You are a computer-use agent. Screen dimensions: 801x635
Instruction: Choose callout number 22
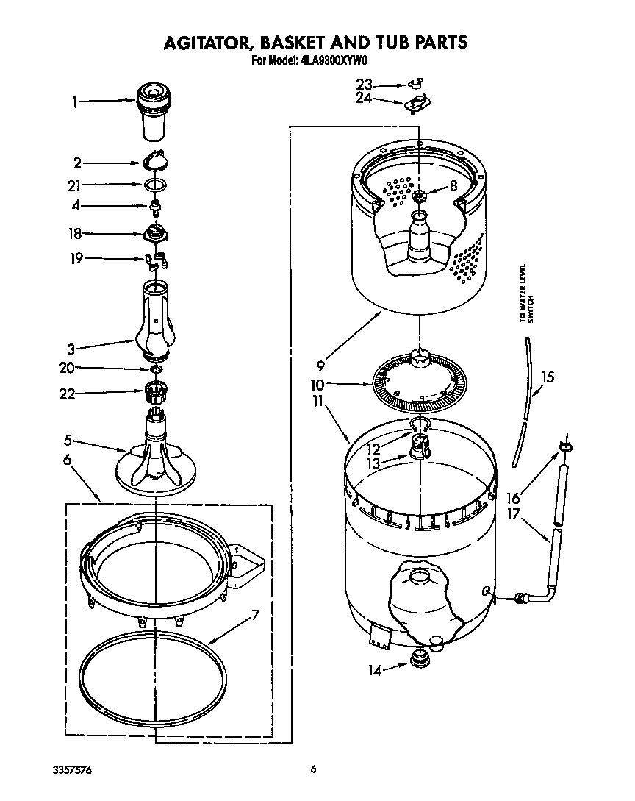(x=68, y=394)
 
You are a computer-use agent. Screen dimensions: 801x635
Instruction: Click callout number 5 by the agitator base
(x=68, y=441)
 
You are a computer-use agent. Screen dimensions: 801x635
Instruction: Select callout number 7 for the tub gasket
(x=255, y=616)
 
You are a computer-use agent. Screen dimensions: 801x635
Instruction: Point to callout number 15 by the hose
(x=548, y=377)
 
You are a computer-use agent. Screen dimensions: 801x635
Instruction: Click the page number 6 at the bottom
(x=314, y=769)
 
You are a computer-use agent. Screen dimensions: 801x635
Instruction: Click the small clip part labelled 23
(x=416, y=83)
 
